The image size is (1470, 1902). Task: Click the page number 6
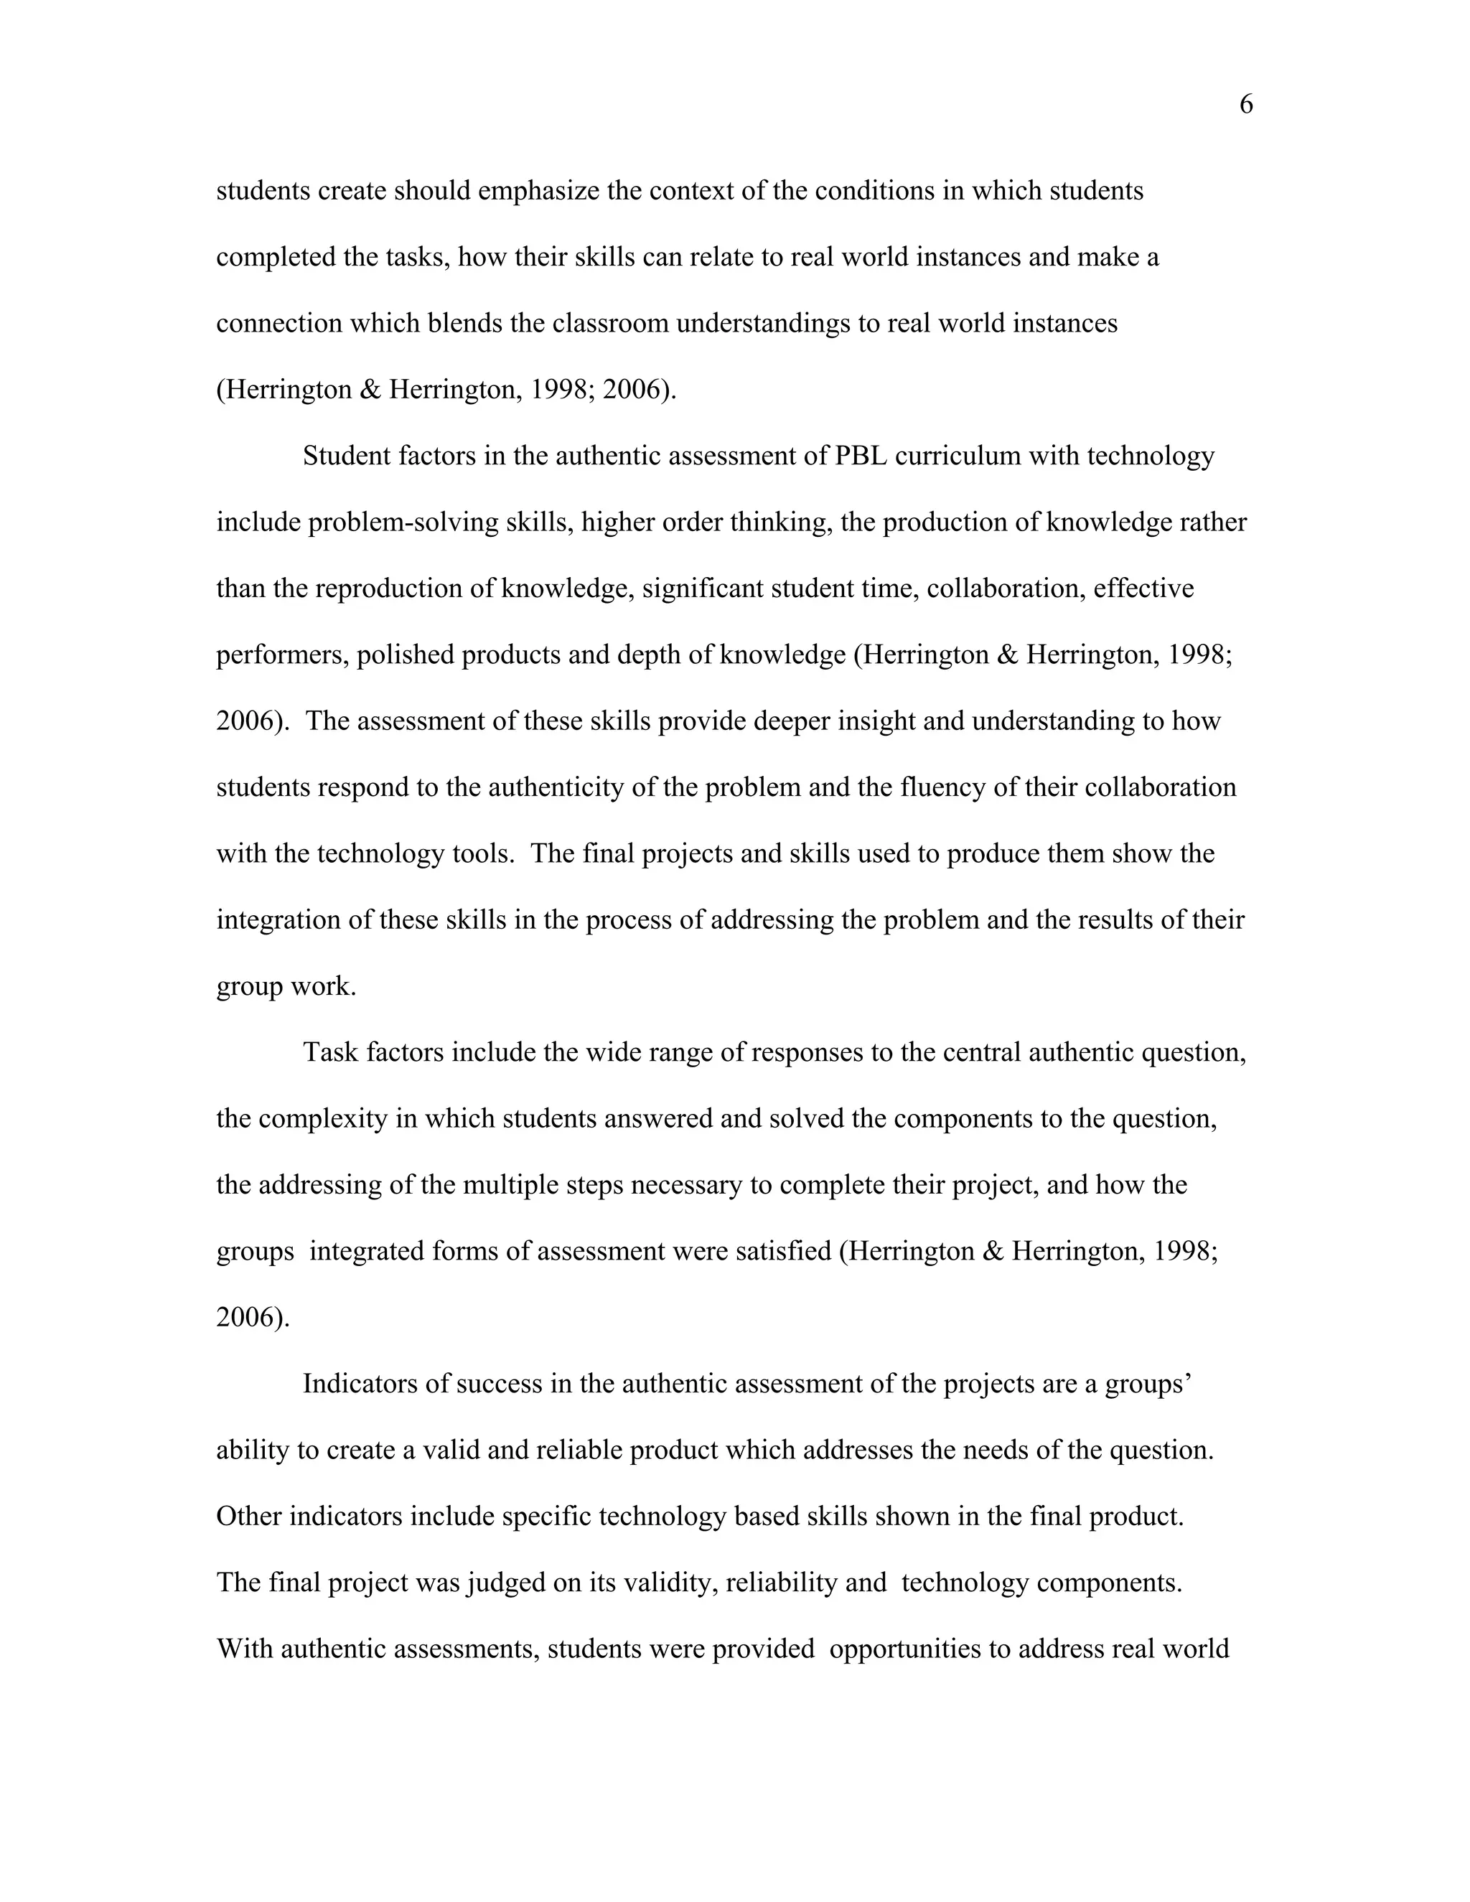1245,106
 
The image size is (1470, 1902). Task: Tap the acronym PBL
861,456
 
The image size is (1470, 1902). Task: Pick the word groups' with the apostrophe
1148,1384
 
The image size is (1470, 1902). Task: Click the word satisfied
784,1252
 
